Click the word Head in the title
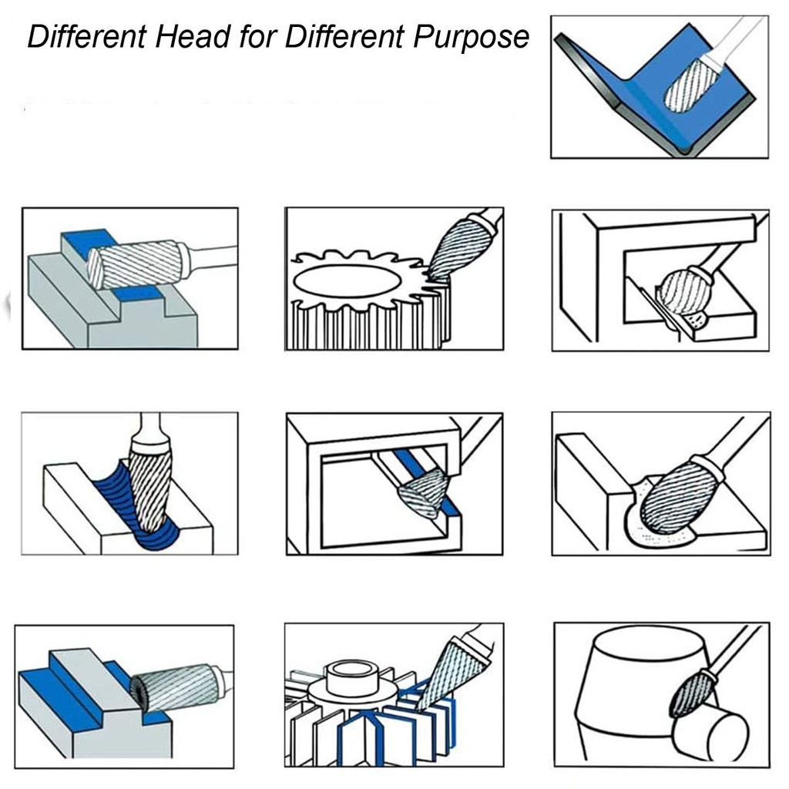193,37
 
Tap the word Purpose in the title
471,39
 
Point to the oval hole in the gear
346,280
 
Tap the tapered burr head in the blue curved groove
151,487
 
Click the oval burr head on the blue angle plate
692,85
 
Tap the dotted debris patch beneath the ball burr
697,320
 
